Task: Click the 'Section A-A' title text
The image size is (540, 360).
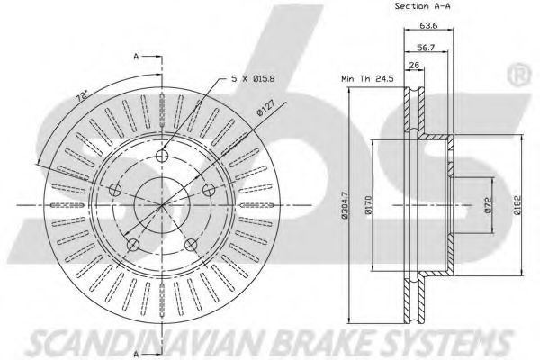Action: click(x=422, y=6)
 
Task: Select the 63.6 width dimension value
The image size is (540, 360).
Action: click(x=428, y=25)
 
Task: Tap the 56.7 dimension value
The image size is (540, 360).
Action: click(x=427, y=48)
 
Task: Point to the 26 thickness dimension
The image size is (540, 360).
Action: click(x=414, y=65)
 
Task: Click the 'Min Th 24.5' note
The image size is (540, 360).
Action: click(x=367, y=78)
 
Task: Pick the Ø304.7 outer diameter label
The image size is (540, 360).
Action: click(x=346, y=205)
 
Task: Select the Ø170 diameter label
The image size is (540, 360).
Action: click(x=368, y=205)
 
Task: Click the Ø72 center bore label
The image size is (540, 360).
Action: click(x=488, y=205)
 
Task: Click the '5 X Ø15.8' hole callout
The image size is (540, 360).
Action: click(x=253, y=79)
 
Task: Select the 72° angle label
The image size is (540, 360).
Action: click(x=82, y=96)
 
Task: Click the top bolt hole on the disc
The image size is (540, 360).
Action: click(x=161, y=156)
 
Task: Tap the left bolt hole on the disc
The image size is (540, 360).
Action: click(x=115, y=190)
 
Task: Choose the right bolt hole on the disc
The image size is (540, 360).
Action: click(x=209, y=190)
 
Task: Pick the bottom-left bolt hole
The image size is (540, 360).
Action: click(x=133, y=245)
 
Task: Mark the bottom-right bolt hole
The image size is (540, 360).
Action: click(x=191, y=245)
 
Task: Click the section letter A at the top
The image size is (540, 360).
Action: click(x=137, y=57)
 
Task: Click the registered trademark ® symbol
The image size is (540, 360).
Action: click(x=518, y=75)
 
